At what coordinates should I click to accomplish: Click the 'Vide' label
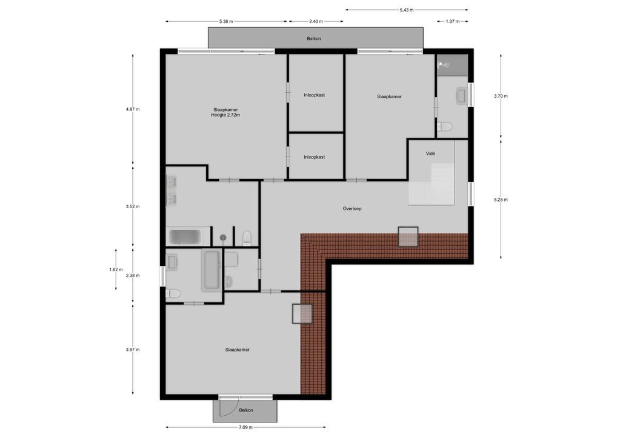point(430,154)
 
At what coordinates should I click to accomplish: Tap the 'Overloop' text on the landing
point(352,208)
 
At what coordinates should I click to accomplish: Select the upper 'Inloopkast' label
point(314,95)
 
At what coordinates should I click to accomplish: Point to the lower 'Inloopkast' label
point(314,157)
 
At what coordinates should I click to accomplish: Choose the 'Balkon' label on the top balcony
point(313,38)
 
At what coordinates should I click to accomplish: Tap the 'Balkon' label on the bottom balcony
point(245,410)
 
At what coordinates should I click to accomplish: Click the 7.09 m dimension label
point(245,427)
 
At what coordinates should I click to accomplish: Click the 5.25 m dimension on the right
point(501,199)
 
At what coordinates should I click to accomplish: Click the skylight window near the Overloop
point(408,236)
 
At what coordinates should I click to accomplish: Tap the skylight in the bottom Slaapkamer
point(302,314)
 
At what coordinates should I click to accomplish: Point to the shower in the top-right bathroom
point(452,64)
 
